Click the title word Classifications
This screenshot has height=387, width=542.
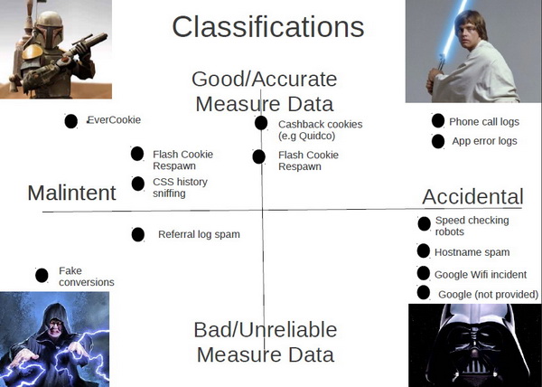268,27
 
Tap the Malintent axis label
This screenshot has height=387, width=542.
71,193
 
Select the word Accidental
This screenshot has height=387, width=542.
472,196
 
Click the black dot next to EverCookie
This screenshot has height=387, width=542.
70,121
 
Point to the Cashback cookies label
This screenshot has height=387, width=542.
321,129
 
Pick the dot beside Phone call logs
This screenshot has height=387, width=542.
438,120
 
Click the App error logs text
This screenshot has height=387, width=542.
484,141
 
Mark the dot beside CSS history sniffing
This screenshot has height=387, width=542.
138,184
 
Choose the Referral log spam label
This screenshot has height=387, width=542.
199,234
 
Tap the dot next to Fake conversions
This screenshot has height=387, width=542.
42,275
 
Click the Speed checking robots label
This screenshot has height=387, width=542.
472,226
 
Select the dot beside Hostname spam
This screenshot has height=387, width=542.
424,250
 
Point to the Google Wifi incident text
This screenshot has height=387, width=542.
481,275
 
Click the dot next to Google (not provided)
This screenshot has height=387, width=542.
424,293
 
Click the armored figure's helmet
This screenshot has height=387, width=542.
49,28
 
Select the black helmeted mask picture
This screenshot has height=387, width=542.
475,345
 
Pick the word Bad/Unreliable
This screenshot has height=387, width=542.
265,330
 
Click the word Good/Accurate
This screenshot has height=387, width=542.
265,80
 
